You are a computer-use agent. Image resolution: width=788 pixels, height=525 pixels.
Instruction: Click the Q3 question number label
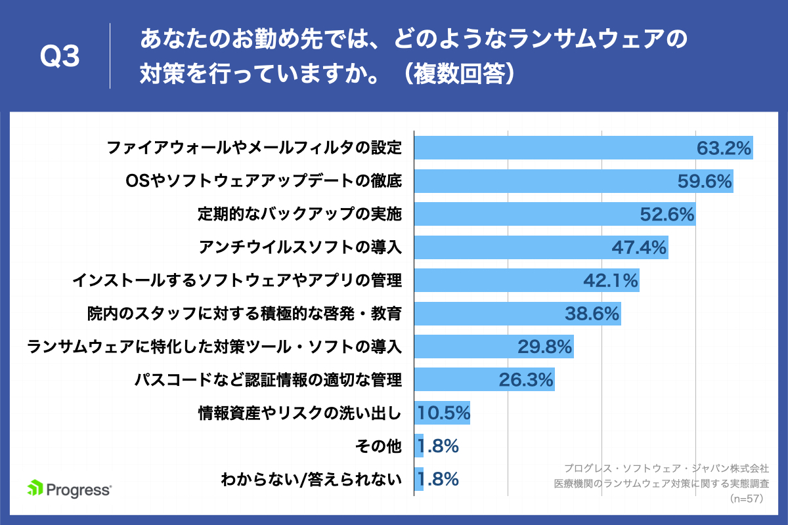pyautogui.click(x=60, y=58)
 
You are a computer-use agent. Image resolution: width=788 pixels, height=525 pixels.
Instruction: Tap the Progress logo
pyautogui.click(x=70, y=489)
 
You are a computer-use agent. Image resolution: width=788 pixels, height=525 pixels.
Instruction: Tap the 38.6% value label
pyautogui.click(x=592, y=314)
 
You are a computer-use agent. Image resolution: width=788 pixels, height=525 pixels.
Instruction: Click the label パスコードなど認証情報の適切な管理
pyautogui.click(x=267, y=380)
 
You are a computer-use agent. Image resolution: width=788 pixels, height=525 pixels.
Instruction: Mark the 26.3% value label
pyautogui.click(x=527, y=380)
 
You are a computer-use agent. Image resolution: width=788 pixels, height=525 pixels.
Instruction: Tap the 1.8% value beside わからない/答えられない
pyautogui.click(x=437, y=480)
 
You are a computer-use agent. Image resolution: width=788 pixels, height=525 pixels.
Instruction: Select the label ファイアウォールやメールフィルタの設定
pyautogui.click(x=253, y=148)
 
